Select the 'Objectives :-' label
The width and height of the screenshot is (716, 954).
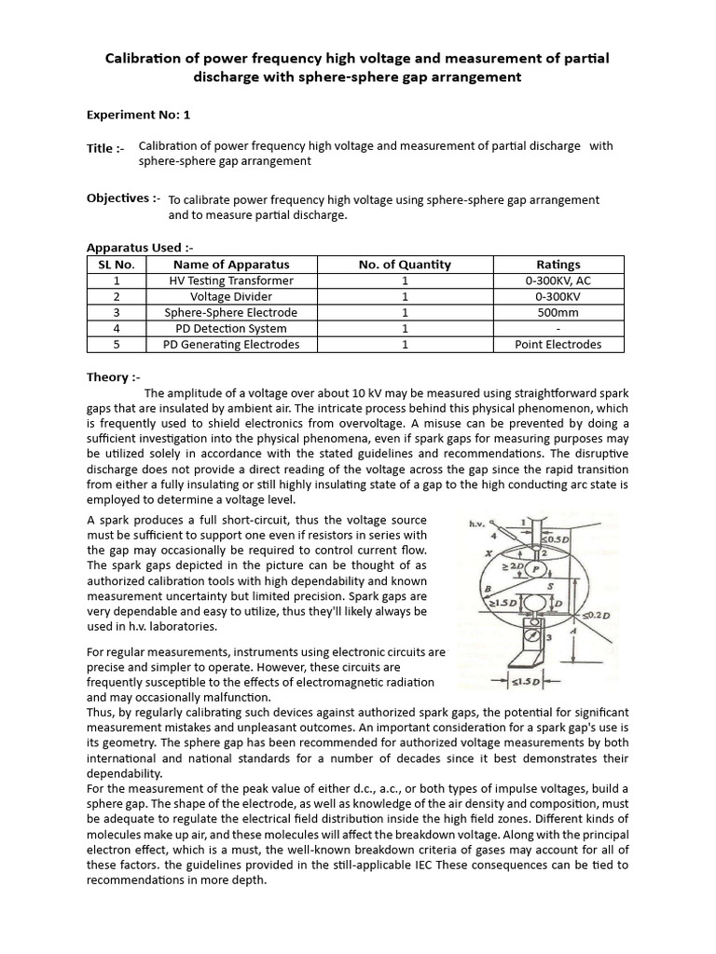(123, 198)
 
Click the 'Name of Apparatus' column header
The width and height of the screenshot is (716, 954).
(231, 265)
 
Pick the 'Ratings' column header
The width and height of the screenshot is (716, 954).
(558, 265)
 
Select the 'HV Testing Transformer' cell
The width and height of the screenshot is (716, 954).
(231, 280)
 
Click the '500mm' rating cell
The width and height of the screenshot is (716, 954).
(558, 313)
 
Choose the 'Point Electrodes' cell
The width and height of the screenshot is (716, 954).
(558, 345)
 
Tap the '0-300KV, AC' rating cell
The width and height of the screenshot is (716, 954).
(558, 280)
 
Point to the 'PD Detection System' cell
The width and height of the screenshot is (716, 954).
(231, 329)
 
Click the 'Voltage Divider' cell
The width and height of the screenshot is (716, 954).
(231, 296)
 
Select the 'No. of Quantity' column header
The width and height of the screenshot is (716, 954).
(405, 265)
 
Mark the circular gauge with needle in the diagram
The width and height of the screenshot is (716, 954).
(532, 641)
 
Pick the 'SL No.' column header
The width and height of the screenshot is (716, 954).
(117, 265)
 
